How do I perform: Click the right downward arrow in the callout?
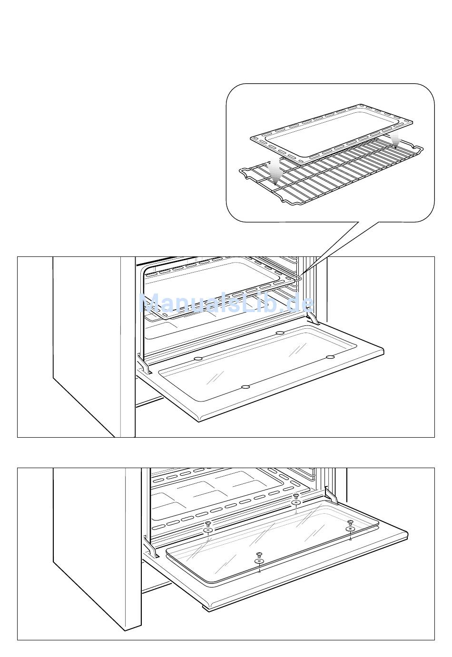click(x=395, y=141)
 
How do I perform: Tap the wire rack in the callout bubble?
click(x=333, y=176)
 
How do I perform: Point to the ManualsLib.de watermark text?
click(x=226, y=303)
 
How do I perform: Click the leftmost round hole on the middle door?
click(x=198, y=358)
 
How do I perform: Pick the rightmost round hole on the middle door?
click(x=330, y=357)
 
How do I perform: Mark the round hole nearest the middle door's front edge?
click(x=246, y=387)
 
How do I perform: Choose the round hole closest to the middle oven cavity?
click(x=280, y=333)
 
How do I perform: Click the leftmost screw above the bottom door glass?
click(x=208, y=524)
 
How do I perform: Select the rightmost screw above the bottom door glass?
click(x=350, y=522)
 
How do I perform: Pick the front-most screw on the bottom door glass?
click(x=259, y=555)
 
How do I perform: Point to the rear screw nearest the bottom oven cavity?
click(x=296, y=496)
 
